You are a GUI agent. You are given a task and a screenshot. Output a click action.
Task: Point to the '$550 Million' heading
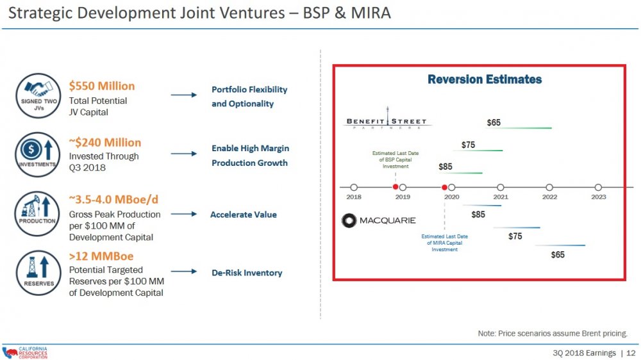(x=102, y=86)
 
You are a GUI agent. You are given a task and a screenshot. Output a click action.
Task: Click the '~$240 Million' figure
(x=104, y=142)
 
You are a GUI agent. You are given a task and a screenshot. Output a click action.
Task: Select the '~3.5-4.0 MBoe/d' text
(x=113, y=199)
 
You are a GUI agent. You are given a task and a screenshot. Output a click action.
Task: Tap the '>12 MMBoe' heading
(x=101, y=256)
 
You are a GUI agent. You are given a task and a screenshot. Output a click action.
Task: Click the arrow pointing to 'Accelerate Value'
(x=183, y=215)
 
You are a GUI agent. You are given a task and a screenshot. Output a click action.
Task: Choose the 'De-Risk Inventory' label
(x=247, y=273)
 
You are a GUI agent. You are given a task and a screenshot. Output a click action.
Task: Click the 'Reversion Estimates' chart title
(x=485, y=79)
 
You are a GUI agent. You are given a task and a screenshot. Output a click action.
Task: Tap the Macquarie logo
(x=379, y=220)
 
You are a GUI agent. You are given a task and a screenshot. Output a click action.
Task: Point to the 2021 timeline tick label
(x=501, y=197)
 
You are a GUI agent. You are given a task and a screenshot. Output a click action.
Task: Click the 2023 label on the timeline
(x=598, y=197)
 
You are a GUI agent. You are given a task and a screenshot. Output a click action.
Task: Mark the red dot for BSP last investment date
(x=395, y=187)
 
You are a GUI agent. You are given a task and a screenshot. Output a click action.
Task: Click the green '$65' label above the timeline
(x=494, y=122)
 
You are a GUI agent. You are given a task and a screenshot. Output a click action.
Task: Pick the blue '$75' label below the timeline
(x=515, y=236)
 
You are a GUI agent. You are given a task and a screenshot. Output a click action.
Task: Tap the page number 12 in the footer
(x=631, y=353)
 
